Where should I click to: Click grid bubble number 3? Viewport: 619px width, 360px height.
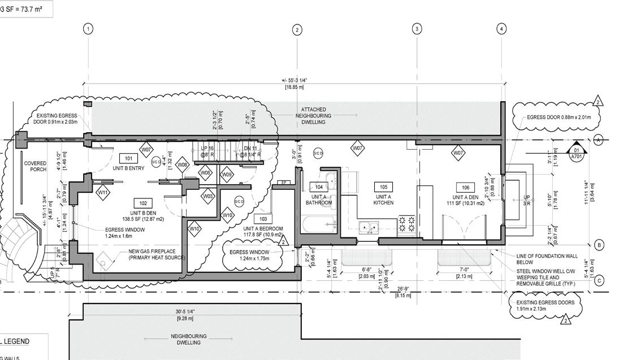point(417,29)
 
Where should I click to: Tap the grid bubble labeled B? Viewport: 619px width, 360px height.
point(599,245)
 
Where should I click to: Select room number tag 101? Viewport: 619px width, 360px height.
point(128,159)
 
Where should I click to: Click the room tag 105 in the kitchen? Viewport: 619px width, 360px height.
point(383,187)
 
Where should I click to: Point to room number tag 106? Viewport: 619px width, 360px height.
point(465,188)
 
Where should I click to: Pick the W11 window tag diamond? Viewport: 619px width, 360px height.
point(103,192)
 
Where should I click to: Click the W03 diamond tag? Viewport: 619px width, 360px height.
point(209,196)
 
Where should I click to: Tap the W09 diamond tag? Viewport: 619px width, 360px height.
point(226,175)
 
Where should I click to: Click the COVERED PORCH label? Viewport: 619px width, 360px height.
point(35,166)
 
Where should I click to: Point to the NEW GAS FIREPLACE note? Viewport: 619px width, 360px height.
point(156,255)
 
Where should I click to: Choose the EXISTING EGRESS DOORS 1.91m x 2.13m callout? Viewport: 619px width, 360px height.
point(545,306)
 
